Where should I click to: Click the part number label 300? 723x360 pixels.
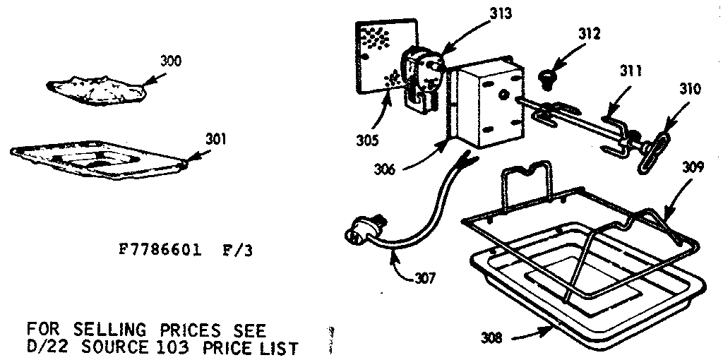click(x=171, y=61)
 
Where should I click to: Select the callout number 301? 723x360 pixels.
click(x=216, y=139)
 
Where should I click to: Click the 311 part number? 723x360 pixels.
click(x=631, y=71)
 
